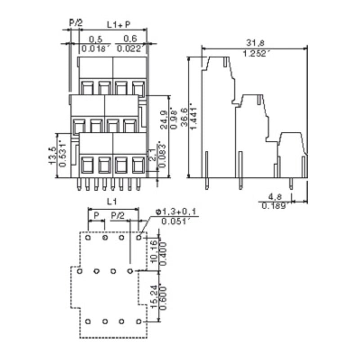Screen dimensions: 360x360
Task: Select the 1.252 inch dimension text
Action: point(256,54)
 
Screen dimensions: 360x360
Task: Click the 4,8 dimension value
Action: point(276,197)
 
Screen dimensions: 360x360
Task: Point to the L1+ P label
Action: point(119,23)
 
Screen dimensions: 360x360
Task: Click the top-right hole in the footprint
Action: point(139,237)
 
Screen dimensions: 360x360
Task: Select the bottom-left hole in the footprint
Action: point(88,321)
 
